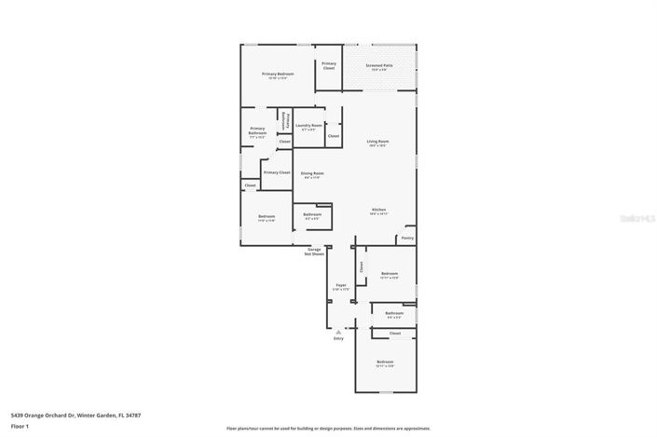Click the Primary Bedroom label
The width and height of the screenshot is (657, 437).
coord(278,75)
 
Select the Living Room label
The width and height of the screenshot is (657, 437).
coord(378,143)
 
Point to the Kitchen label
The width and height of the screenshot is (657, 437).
coord(379,211)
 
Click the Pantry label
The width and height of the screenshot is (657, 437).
coord(406,238)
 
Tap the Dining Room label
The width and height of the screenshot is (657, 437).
coord(312,173)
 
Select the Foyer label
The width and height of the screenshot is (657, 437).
coord(341,286)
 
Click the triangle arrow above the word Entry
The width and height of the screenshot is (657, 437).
coord(338,332)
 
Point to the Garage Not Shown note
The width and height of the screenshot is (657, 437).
coord(314,251)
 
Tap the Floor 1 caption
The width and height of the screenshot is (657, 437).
coord(20,427)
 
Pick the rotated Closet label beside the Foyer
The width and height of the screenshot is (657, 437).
coord(361,266)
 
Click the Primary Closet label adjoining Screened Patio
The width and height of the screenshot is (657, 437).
coord(328,65)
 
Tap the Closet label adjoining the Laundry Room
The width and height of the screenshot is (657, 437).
coord(334,136)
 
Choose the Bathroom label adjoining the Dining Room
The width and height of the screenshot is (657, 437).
coord(312,215)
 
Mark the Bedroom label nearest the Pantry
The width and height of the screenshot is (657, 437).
coord(390,275)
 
